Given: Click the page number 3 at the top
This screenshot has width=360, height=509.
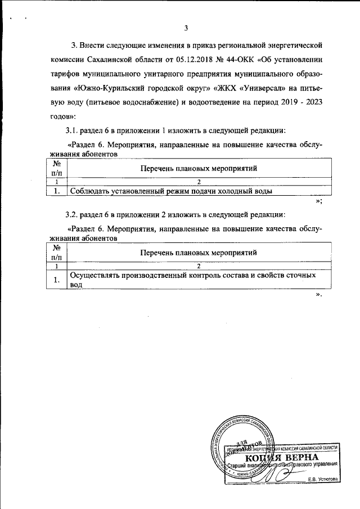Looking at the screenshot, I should point(186,29).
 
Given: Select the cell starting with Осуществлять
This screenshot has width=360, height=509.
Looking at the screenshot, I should point(191,280).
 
